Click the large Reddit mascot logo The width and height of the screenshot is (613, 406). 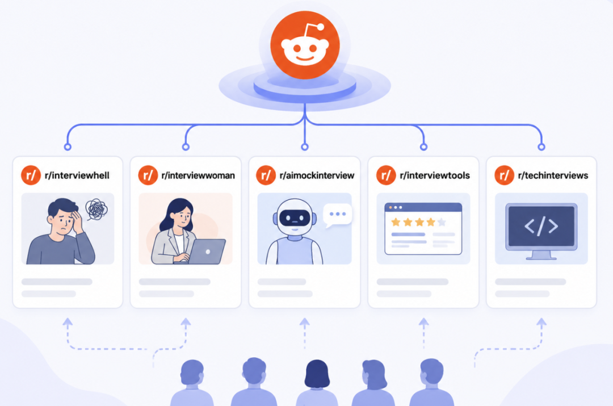point(305,45)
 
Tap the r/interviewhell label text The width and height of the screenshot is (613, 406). point(77,175)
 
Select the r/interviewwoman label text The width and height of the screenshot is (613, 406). point(198,175)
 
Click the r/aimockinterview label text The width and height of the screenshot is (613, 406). point(317,175)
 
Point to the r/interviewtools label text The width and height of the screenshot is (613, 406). point(435,175)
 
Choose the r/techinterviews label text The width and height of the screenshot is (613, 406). point(553,175)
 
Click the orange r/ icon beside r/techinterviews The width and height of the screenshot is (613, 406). point(505,175)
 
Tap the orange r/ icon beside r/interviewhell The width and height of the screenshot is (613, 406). point(31,175)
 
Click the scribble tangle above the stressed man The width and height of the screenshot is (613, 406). point(96,210)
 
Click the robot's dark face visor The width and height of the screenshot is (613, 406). point(295,217)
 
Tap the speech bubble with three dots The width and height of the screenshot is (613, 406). point(337,215)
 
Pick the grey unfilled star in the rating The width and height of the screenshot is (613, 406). point(442,222)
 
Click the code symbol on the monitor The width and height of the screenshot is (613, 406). point(541,226)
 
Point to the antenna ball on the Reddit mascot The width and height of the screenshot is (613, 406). point(321,27)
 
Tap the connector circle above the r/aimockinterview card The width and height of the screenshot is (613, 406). point(305,147)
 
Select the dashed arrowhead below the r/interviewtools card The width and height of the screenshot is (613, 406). point(424,323)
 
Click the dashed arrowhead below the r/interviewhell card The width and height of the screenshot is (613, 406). point(68,323)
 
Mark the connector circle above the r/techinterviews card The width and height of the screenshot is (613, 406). point(541,147)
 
